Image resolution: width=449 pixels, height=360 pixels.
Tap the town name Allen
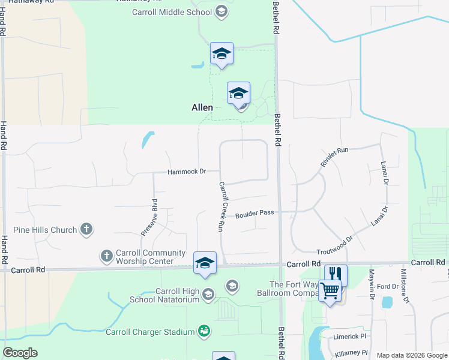pyautogui.click(x=202, y=107)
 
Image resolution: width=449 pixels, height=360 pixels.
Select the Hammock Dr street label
pyautogui.click(x=187, y=172)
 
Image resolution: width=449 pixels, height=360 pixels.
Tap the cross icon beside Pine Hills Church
pyautogui.click(x=87, y=229)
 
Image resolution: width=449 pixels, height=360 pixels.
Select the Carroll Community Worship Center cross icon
pyautogui.click(x=107, y=256)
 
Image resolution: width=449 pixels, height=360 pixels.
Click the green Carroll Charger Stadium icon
pyautogui.click(x=205, y=331)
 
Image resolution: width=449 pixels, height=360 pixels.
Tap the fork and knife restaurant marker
pyautogui.click(x=336, y=275)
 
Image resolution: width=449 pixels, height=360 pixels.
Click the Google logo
pyautogui.click(x=20, y=353)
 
